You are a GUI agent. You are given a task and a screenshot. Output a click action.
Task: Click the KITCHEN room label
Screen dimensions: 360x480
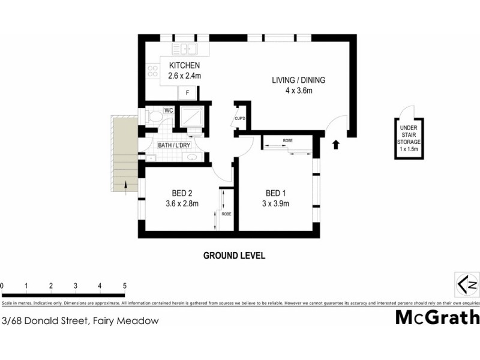point(184,66)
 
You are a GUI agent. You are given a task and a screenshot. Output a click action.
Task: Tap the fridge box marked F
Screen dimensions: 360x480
point(187,93)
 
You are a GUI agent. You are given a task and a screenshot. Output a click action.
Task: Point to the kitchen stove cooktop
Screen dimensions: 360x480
point(153,72)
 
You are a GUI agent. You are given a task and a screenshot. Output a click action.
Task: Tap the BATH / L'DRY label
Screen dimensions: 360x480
point(175,145)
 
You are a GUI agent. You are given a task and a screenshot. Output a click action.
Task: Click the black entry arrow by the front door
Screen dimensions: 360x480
point(335,145)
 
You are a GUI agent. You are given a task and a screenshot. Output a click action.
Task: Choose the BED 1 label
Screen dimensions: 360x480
point(277,193)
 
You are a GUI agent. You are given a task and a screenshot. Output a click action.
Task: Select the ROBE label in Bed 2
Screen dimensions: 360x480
point(226,214)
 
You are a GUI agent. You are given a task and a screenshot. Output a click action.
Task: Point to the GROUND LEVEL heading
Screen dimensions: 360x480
point(234,256)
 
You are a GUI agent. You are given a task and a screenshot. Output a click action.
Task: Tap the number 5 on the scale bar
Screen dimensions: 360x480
point(124,285)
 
